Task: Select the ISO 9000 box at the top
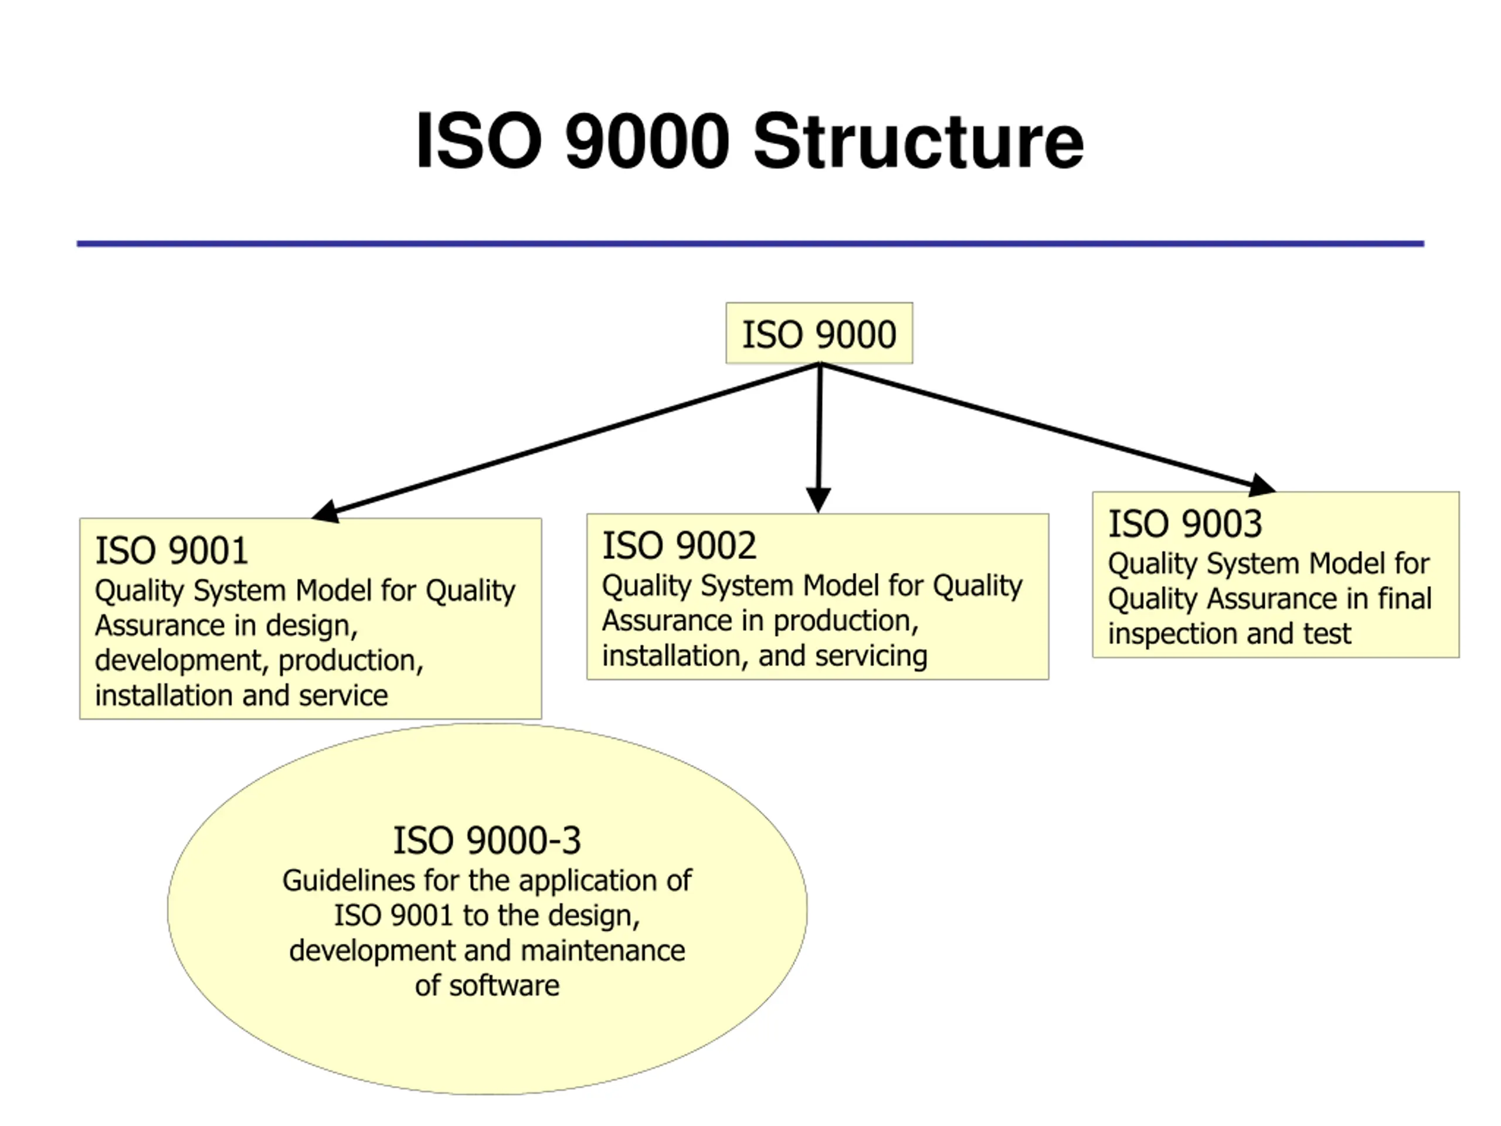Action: [x=819, y=333]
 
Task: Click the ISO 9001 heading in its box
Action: [x=171, y=551]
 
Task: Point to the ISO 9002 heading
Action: [x=678, y=545]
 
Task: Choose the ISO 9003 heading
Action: [x=1185, y=524]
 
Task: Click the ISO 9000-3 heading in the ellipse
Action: [x=487, y=841]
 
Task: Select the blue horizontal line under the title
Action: [x=750, y=243]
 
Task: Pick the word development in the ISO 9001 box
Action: [x=182, y=661]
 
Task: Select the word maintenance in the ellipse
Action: [x=603, y=951]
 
